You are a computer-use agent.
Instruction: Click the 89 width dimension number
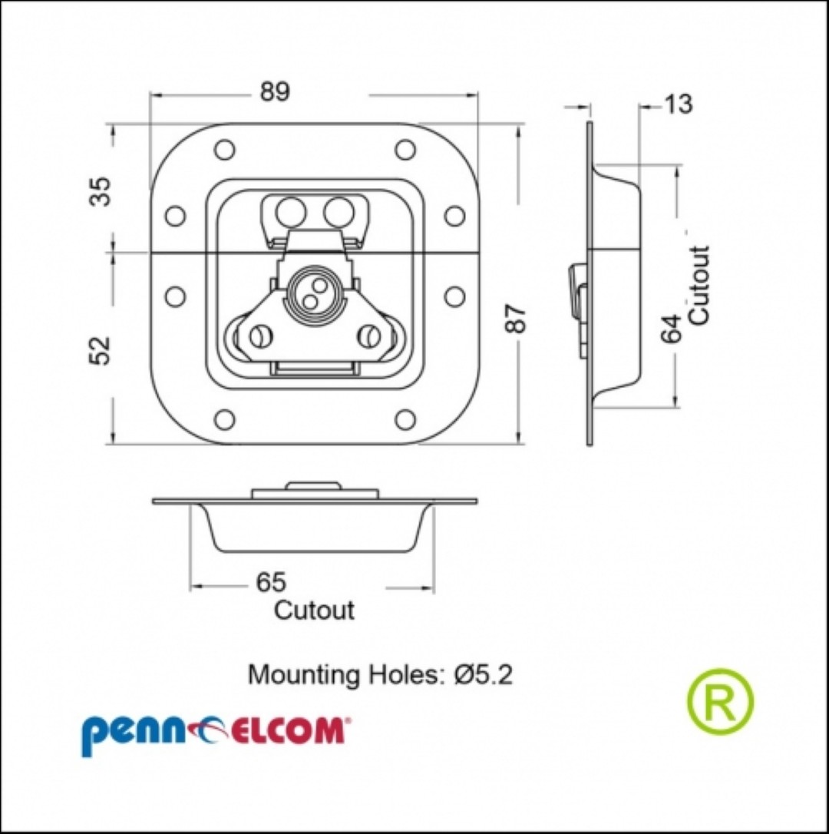coord(275,92)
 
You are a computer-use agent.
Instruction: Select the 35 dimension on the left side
coord(101,191)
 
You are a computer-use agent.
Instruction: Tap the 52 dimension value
coord(101,350)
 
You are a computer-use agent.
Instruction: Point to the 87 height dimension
coord(517,318)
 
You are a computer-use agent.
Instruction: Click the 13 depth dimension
coord(679,104)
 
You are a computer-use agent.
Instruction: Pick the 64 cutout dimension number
coord(672,329)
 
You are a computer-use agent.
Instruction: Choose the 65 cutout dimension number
coord(271,582)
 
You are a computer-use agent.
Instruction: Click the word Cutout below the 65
coord(314,610)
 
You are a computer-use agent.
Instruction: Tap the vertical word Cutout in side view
coord(699,285)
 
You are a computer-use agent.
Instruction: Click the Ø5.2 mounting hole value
coord(484,675)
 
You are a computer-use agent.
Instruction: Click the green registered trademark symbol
coord(721,701)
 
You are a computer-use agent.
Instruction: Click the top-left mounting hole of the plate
coord(224,150)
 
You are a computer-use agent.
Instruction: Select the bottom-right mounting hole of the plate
coord(405,419)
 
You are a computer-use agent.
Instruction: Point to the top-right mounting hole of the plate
coord(405,150)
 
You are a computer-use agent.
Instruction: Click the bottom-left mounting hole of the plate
coord(224,419)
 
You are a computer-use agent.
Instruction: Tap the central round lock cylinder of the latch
coord(314,294)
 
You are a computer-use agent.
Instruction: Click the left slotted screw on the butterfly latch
coord(261,336)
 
